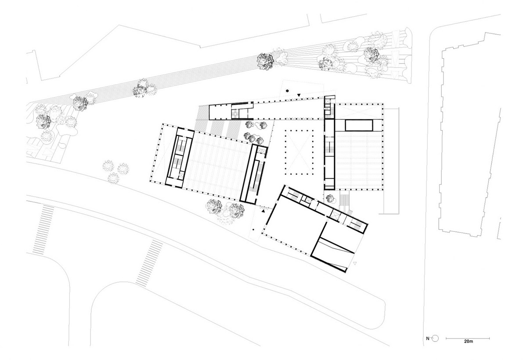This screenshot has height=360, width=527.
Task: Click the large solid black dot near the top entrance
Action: [x=287, y=91]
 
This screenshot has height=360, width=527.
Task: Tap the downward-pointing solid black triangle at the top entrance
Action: [x=299, y=95]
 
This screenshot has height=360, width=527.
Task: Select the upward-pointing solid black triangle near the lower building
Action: [x=263, y=212]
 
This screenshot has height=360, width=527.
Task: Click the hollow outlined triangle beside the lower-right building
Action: [x=355, y=263]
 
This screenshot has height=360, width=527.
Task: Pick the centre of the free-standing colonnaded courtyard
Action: [x=299, y=152]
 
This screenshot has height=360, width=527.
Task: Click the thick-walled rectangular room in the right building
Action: [x=359, y=125]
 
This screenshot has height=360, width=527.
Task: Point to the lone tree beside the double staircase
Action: [x=330, y=199]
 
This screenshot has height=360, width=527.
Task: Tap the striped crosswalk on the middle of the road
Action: [x=149, y=263]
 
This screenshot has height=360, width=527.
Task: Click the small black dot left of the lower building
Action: [x=253, y=230]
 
